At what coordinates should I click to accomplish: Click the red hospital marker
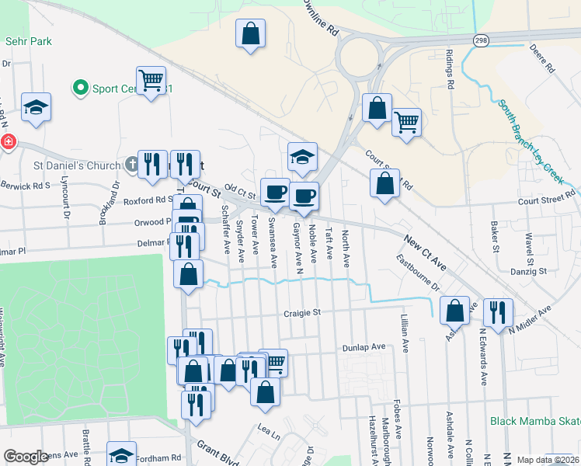click(x=8, y=142)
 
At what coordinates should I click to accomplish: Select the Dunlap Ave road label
click(x=364, y=347)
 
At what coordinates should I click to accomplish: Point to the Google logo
click(x=26, y=457)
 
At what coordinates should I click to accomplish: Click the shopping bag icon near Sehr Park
click(x=249, y=35)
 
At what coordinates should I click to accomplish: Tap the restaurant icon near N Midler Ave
click(x=497, y=311)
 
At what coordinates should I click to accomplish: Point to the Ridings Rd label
click(x=449, y=68)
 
